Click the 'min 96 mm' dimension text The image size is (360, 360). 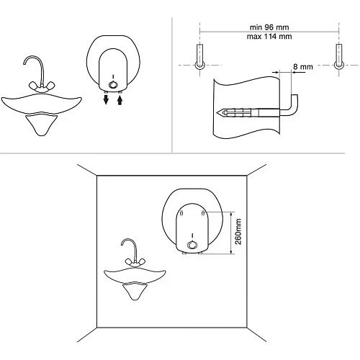tap(269, 27)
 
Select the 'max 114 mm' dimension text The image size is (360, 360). tap(269, 37)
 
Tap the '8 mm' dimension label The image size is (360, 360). tap(303, 67)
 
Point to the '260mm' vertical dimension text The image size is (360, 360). tap(238, 231)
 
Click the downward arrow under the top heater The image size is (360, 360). tap(106, 99)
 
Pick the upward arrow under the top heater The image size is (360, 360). tap(120, 99)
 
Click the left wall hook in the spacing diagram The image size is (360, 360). tap(199, 57)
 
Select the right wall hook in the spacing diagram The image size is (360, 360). tap(338, 57)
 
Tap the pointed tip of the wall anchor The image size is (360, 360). tap(217, 112)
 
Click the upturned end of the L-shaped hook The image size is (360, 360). tap(294, 96)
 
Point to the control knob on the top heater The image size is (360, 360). tap(113, 85)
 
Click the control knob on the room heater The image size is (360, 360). tap(192, 245)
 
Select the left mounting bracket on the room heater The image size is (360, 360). tap(181, 213)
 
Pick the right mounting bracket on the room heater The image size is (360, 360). tap(203, 213)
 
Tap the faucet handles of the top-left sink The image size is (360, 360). tap(42, 86)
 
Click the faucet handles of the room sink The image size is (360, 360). tap(135, 262)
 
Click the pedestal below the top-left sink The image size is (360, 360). tap(42, 125)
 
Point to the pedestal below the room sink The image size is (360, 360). tap(135, 291)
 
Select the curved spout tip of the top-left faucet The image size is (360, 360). tap(24, 63)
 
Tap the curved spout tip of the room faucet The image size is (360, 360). tap(122, 244)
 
